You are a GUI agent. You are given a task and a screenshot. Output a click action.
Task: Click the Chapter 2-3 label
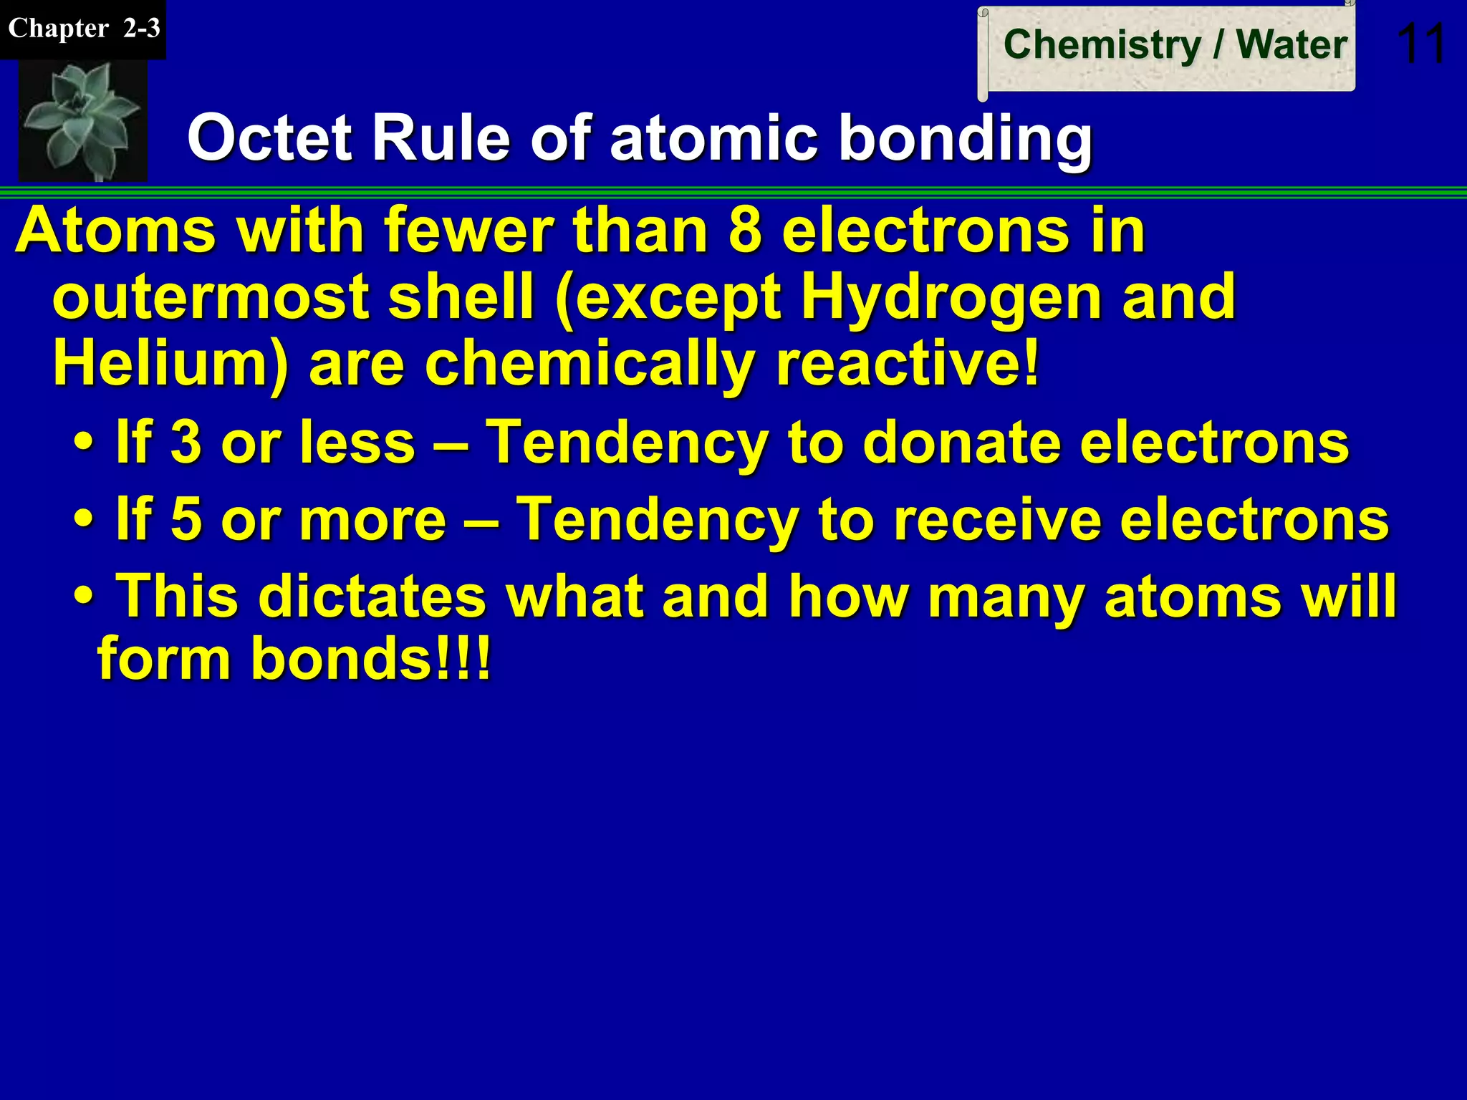coord(83,29)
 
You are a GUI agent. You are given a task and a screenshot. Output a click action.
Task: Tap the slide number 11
coord(1421,44)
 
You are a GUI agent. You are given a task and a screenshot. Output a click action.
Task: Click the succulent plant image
coord(82,120)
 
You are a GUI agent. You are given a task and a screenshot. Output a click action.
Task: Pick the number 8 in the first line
coord(745,231)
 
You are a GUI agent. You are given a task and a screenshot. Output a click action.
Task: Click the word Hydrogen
coord(950,296)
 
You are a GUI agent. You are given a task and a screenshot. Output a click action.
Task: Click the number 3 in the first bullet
coord(186,442)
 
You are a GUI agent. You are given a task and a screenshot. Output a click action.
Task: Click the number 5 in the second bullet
coord(186,518)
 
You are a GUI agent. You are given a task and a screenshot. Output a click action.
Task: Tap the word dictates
coord(372,596)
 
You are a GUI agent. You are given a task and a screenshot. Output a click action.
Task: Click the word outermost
coord(211,296)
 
